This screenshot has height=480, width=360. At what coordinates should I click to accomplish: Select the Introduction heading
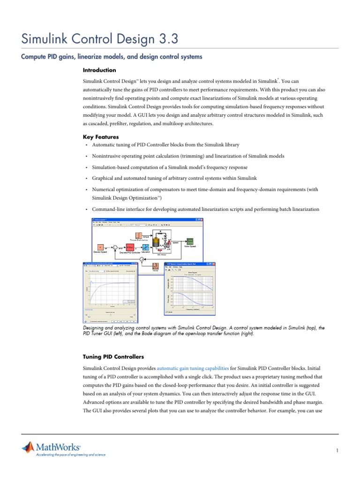tap(99, 70)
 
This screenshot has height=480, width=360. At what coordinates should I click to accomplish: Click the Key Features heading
tap(101, 137)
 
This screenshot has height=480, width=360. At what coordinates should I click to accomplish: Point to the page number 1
tap(337, 450)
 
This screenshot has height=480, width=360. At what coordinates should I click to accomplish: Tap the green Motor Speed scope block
tap(190, 240)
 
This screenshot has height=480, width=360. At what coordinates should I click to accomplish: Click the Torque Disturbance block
tap(139, 235)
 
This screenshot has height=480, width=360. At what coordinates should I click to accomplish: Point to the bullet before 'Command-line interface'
tap(87, 209)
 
